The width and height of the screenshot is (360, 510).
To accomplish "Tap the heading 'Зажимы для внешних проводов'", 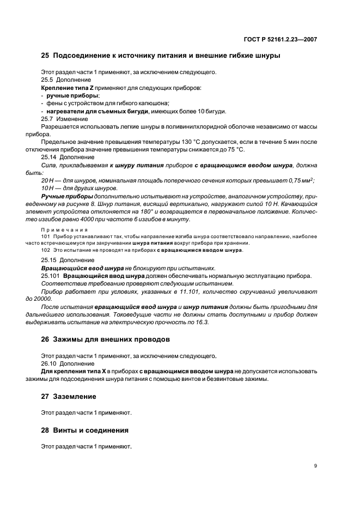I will (111, 339).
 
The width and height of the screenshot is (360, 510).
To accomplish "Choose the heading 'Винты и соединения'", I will (91, 430).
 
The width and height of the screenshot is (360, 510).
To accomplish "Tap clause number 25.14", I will (49, 156).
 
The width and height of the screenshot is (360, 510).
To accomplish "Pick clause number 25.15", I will (49, 260).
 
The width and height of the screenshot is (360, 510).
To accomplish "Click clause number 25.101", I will (51, 276).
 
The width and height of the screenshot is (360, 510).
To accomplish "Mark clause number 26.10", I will (49, 363).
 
